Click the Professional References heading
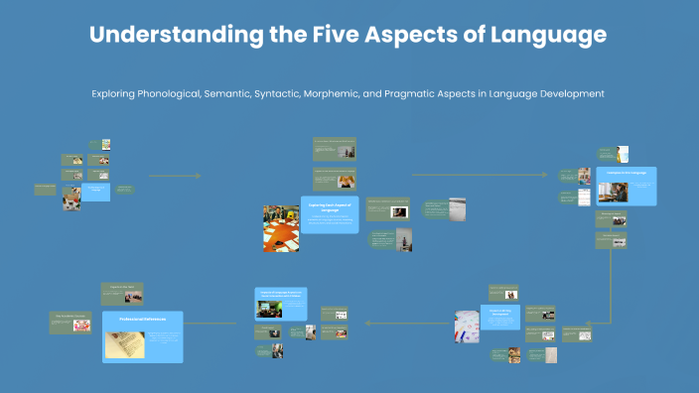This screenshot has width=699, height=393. click(x=142, y=320)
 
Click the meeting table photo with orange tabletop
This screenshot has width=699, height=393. click(x=281, y=228)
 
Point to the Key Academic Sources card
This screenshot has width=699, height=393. click(x=70, y=322)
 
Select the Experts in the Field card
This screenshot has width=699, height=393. click(x=122, y=291)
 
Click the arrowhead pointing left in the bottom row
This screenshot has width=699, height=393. click(x=366, y=323)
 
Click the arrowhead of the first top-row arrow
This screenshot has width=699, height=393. click(x=198, y=176)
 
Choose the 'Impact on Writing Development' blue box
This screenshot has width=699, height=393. click(x=498, y=318)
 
